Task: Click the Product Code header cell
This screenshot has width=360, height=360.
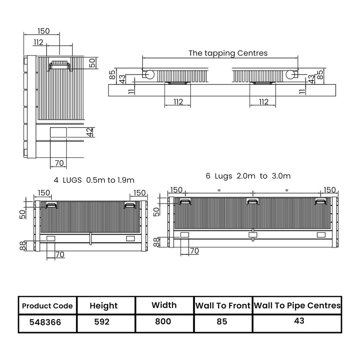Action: click(47, 306)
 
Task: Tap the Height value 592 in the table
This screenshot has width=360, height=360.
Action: click(103, 322)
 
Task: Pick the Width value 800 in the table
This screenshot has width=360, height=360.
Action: click(163, 322)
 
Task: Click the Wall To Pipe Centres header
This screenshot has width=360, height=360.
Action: click(297, 306)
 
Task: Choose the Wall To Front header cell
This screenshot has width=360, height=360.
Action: click(223, 306)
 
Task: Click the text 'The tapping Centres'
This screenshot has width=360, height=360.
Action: click(228, 53)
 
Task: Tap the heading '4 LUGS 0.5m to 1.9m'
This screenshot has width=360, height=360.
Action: click(94, 180)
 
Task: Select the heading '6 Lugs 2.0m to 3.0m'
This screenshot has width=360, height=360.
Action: click(248, 176)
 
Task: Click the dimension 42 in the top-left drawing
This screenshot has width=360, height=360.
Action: click(90, 132)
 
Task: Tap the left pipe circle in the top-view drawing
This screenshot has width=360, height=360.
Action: click(148, 75)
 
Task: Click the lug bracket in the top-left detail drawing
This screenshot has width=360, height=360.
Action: click(60, 66)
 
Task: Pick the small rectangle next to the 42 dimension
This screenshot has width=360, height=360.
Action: click(58, 132)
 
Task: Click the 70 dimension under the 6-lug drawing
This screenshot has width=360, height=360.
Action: click(194, 251)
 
